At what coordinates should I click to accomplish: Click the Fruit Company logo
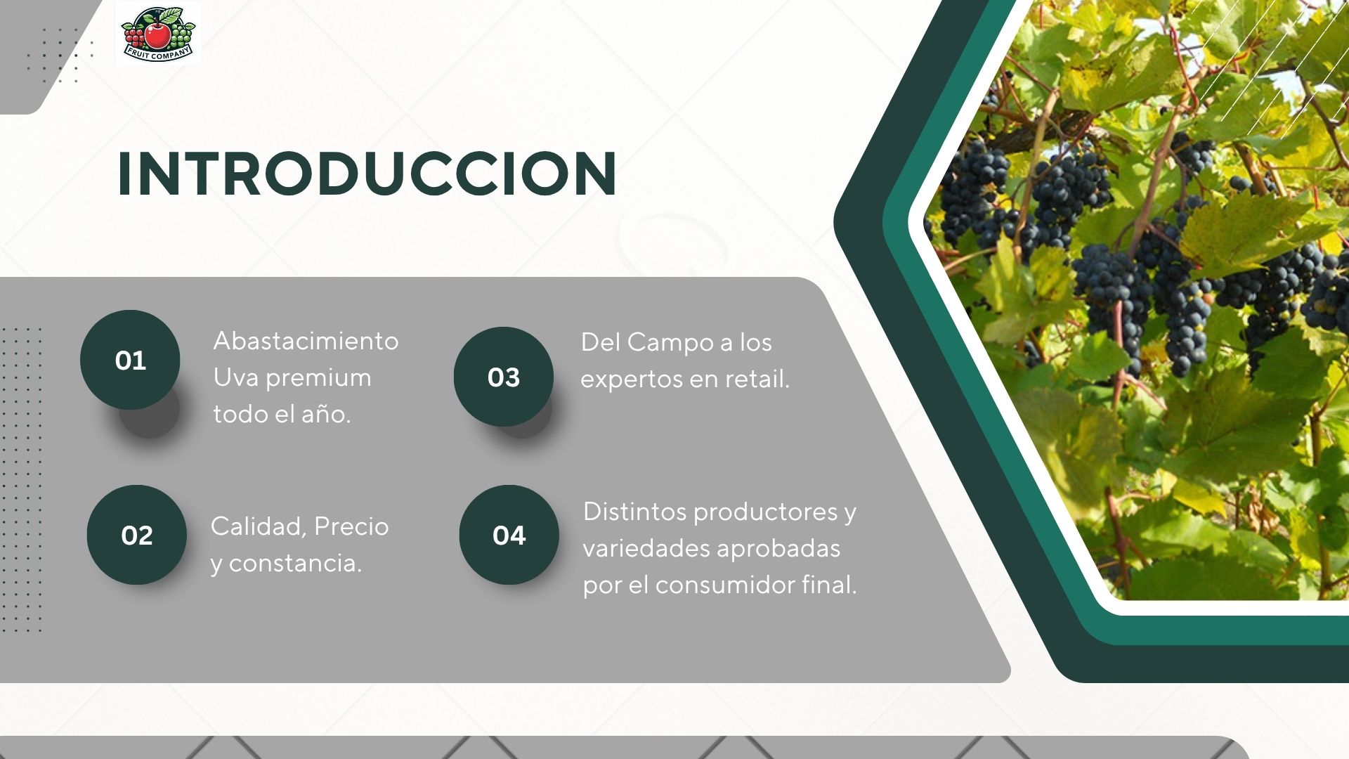point(158,34)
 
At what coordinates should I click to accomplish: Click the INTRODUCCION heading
point(367,174)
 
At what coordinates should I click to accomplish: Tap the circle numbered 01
point(130,360)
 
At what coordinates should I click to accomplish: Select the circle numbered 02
point(137,535)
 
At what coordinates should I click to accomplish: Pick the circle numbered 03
point(504,377)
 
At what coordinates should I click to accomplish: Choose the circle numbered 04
point(509,535)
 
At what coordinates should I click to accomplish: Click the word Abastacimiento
point(306,341)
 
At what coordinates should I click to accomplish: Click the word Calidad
point(256,526)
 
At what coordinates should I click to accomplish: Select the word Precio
point(351,526)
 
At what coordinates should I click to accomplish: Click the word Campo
point(670,342)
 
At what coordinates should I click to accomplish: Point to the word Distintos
point(634,512)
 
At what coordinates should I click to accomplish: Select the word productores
point(765,512)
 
